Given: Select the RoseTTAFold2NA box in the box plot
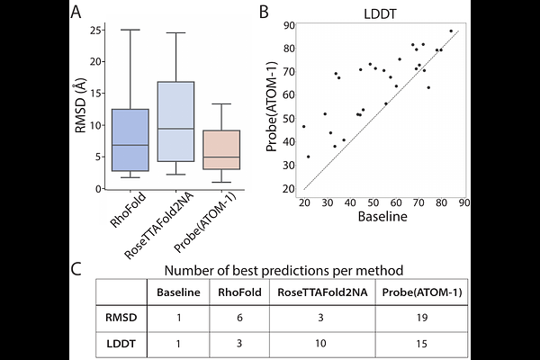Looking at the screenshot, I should pyautogui.click(x=175, y=121).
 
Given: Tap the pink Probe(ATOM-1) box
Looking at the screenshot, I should pyautogui.click(x=220, y=149).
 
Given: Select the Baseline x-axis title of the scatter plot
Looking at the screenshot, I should pyautogui.click(x=384, y=217).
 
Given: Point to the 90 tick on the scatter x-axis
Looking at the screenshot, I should pyautogui.click(x=463, y=202).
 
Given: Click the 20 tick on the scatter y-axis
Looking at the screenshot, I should pyautogui.click(x=290, y=188).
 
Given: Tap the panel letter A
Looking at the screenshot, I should pyautogui.click(x=77, y=12).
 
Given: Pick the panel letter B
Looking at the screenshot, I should pyautogui.click(x=263, y=12).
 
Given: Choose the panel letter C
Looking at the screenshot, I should pyautogui.click(x=77, y=268).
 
